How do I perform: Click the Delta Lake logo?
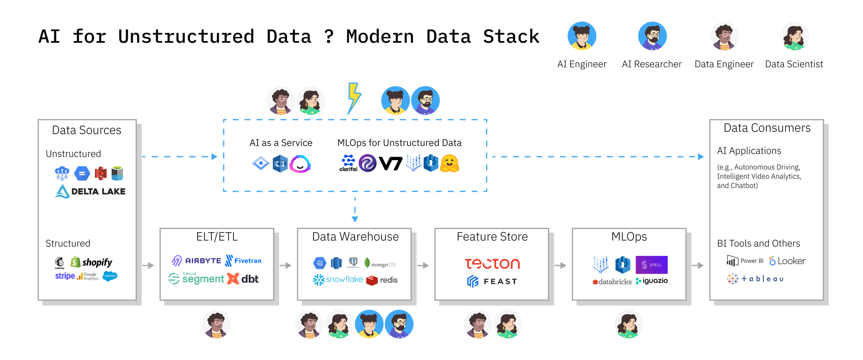(91, 191)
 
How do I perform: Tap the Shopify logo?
(91, 262)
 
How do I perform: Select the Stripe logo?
(65, 276)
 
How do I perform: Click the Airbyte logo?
(196, 261)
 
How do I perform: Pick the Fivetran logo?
(243, 261)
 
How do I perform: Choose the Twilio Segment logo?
(196, 279)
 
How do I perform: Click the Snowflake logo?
(338, 280)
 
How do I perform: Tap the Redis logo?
(382, 280)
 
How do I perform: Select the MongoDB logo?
(380, 263)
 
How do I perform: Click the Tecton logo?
(492, 263)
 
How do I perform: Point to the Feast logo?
(492, 281)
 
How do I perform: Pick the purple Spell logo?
(652, 265)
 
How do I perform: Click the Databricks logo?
(612, 282)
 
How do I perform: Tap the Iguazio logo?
(652, 281)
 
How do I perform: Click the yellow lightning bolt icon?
(354, 98)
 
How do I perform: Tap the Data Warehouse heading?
(355, 237)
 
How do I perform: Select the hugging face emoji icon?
(450, 163)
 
